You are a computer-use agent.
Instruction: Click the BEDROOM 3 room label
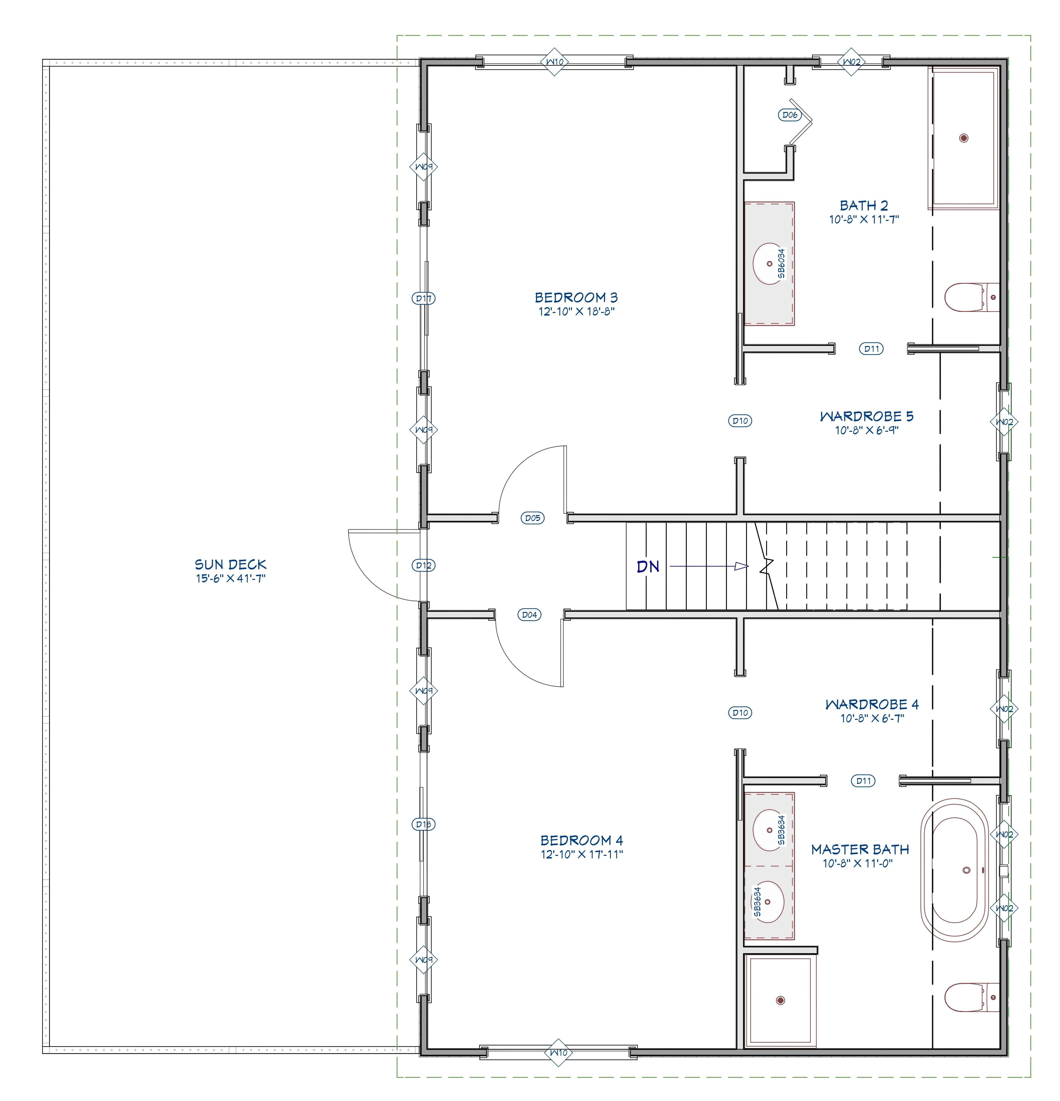[576, 297]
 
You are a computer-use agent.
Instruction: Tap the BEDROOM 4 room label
[581, 840]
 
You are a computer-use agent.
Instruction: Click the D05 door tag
[532, 518]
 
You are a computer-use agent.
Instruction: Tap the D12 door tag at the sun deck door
[423, 565]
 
